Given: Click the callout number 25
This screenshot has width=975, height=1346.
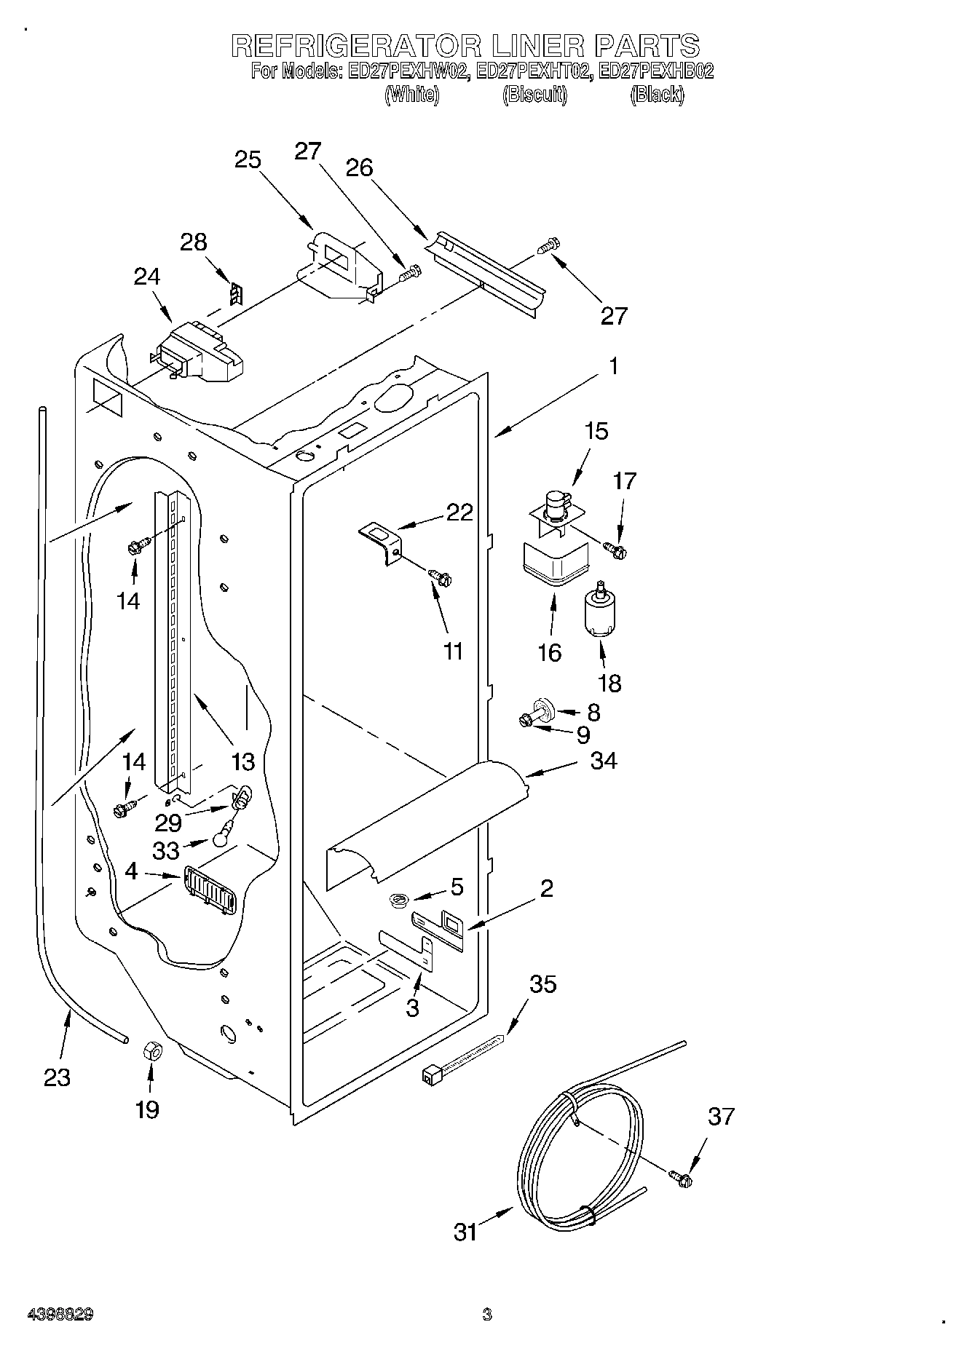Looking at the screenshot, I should pos(248,159).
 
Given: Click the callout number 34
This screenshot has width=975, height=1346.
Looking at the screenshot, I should pos(604,761).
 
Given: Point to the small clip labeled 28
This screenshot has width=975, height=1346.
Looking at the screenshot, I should pos(235,294).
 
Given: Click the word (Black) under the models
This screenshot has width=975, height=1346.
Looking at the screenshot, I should pos(656,95).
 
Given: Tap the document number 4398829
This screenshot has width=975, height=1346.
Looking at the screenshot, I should pos(60,1315).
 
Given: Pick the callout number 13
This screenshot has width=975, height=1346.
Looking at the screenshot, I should pos(242,761).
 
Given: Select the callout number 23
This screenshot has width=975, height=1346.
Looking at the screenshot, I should pos(57,1077).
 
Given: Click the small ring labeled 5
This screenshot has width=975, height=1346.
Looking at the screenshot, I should pos(398,901).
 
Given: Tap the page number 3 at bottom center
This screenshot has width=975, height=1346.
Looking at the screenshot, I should pos(486,1315).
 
